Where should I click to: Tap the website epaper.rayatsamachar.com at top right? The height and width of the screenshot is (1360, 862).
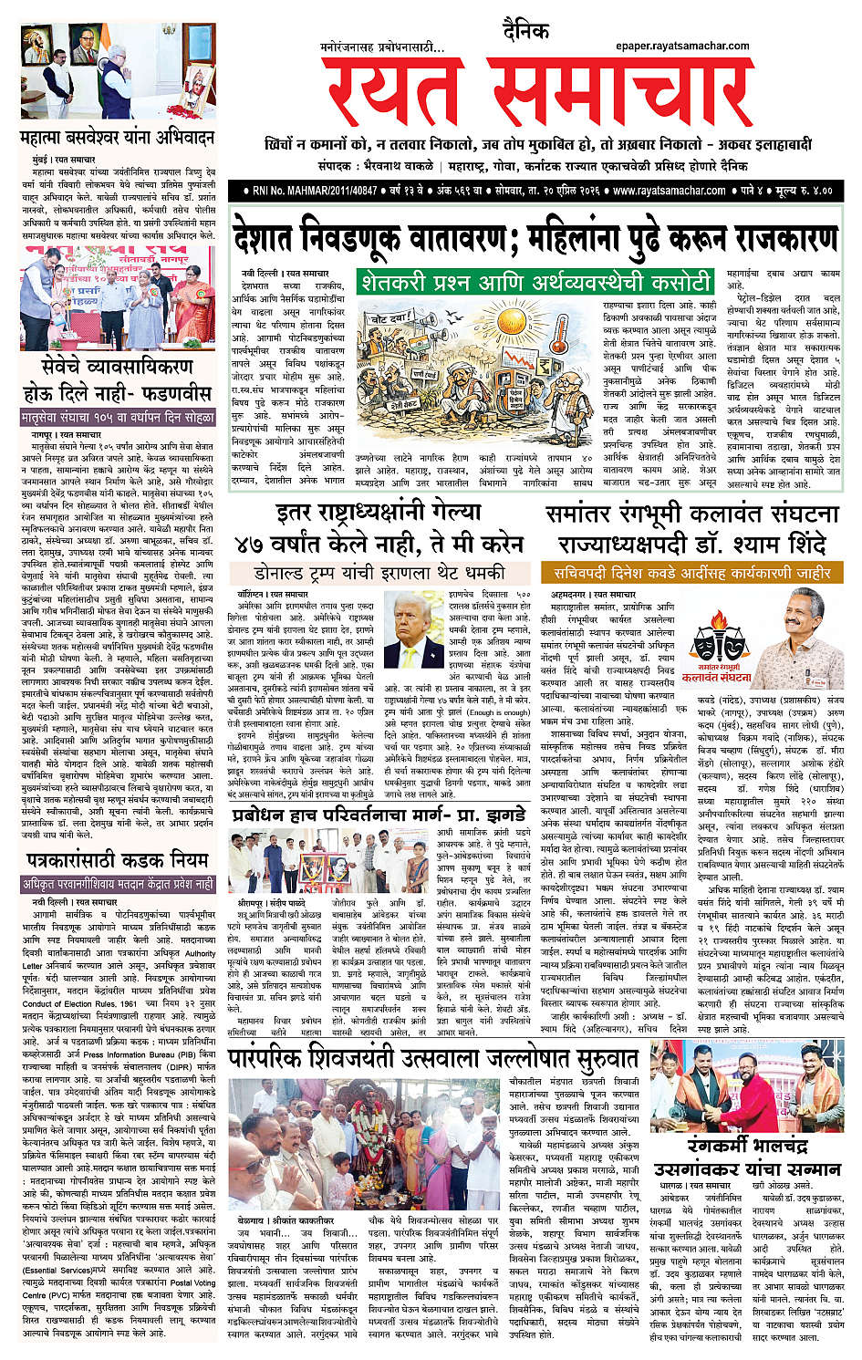(682, 46)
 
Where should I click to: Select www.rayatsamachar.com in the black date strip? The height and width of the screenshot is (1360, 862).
(669, 192)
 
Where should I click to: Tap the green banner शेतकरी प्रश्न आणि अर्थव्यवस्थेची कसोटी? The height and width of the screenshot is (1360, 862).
(535, 282)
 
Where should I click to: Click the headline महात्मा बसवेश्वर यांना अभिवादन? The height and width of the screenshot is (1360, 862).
(118, 138)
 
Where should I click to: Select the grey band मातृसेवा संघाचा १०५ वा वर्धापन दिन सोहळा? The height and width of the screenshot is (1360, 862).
(118, 417)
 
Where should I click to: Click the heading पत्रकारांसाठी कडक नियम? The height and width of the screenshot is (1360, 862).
(118, 859)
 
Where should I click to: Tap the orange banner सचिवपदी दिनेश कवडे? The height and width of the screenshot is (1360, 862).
(691, 573)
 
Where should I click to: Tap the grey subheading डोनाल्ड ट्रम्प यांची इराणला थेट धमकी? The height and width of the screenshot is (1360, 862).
(379, 573)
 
